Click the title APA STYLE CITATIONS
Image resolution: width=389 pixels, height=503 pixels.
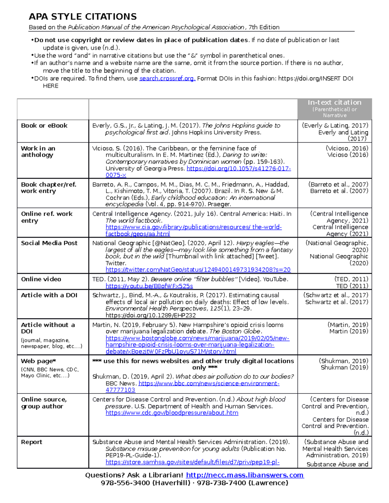[83, 17]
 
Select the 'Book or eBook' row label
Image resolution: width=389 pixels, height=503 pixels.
[44, 126]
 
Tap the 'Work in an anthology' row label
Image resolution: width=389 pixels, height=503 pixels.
[38, 152]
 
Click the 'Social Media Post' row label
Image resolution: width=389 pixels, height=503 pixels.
[49, 243]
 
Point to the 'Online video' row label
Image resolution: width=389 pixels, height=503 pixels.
[41, 279]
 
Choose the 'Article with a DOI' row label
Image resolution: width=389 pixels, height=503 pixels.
[49, 295]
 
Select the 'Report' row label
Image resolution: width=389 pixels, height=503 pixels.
[31, 442]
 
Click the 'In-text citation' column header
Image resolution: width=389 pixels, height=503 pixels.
[335, 103]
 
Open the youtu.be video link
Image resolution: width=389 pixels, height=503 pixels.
[149, 286]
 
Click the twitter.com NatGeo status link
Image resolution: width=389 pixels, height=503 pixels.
[198, 270]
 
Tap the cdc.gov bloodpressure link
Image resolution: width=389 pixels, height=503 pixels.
[172, 413]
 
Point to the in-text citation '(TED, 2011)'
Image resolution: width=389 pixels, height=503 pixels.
[351, 279]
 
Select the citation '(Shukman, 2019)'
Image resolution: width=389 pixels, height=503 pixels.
[343, 361]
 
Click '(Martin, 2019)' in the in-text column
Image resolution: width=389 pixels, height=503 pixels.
[348, 325]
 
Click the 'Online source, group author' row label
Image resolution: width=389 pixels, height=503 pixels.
[44, 403]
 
